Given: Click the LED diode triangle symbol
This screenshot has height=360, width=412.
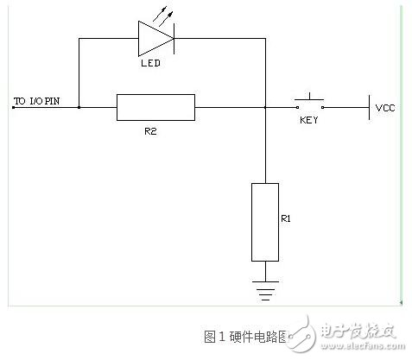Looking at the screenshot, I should (x=156, y=37).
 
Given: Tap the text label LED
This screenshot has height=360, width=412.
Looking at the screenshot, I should (x=151, y=64).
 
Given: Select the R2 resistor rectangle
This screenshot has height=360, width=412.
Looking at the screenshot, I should (x=155, y=108).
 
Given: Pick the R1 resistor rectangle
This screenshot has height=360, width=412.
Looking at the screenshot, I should (x=265, y=222).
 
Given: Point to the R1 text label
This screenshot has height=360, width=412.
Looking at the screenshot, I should (x=286, y=219).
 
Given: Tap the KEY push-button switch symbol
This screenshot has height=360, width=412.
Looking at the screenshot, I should (x=308, y=102).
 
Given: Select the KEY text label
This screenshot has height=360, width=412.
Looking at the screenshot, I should (x=308, y=120).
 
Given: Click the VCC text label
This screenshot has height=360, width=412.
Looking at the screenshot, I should (x=384, y=109).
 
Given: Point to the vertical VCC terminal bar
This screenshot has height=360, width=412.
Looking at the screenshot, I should (x=369, y=108).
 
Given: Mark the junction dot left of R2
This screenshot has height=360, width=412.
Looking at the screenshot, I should (x=79, y=108).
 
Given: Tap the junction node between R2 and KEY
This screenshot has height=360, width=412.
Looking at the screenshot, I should (x=265, y=108).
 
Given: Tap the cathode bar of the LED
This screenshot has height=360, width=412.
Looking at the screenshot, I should (x=174, y=37).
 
